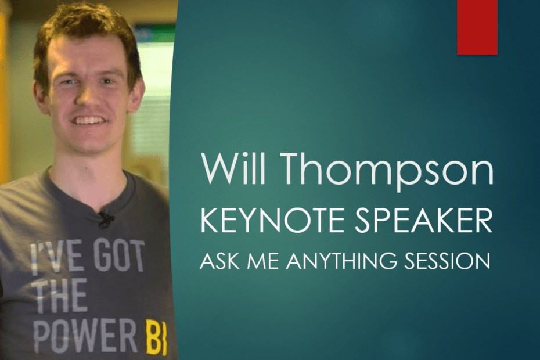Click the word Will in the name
tap(234, 168)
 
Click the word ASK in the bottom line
tap(219, 261)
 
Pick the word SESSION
tap(447, 261)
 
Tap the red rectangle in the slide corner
tap(477, 27)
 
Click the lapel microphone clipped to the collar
tap(105, 219)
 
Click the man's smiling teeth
tap(89, 121)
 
